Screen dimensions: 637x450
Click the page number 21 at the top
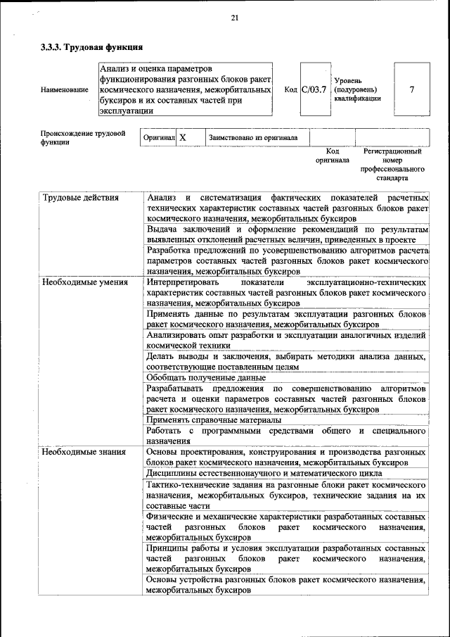[235, 18]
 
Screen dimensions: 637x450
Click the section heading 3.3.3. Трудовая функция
[91, 48]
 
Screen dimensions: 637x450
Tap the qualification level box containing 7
[411, 89]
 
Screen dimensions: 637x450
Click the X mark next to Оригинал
[182, 138]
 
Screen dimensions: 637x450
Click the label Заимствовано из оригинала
[252, 138]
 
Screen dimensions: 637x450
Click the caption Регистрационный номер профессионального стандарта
[392, 165]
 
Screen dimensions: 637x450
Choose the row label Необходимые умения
[84, 282]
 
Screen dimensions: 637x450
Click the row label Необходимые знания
[83, 452]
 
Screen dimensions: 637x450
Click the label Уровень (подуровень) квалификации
[358, 90]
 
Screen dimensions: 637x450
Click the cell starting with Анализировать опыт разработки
[286, 340]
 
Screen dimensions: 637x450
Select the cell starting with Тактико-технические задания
[286, 496]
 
